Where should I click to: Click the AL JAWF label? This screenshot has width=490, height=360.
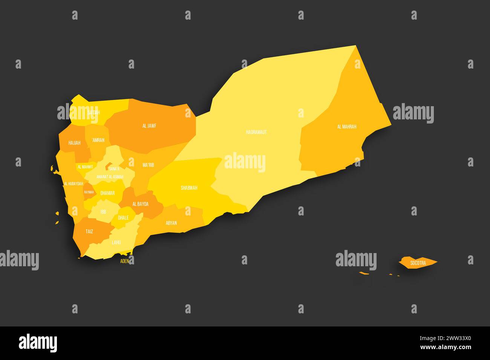click(x=149, y=126)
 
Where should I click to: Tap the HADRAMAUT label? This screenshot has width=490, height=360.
click(x=256, y=132)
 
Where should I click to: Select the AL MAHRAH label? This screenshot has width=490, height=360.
click(x=346, y=127)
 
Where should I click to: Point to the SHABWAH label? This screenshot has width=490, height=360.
click(x=189, y=188)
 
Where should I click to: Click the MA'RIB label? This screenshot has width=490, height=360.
click(x=148, y=165)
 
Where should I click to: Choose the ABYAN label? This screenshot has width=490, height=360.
click(x=171, y=223)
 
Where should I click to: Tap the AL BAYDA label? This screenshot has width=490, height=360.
click(x=140, y=204)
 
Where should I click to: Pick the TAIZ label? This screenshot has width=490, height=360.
click(x=89, y=232)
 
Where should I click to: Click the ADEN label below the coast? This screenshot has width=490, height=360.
click(x=124, y=261)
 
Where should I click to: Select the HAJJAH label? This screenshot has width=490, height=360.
click(x=74, y=143)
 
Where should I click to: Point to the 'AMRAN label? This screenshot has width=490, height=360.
click(x=98, y=140)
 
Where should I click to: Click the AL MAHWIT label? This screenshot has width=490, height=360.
click(x=85, y=166)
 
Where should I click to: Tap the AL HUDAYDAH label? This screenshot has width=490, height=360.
click(x=73, y=184)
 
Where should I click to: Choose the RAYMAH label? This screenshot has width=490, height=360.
click(x=89, y=192)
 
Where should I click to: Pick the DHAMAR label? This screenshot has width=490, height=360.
click(x=107, y=193)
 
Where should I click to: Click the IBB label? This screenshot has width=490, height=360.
click(x=103, y=212)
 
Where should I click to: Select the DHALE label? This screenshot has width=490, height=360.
click(x=123, y=218)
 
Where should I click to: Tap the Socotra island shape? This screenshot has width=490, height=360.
click(x=418, y=262)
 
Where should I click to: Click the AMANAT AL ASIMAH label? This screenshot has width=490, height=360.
click(x=110, y=177)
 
